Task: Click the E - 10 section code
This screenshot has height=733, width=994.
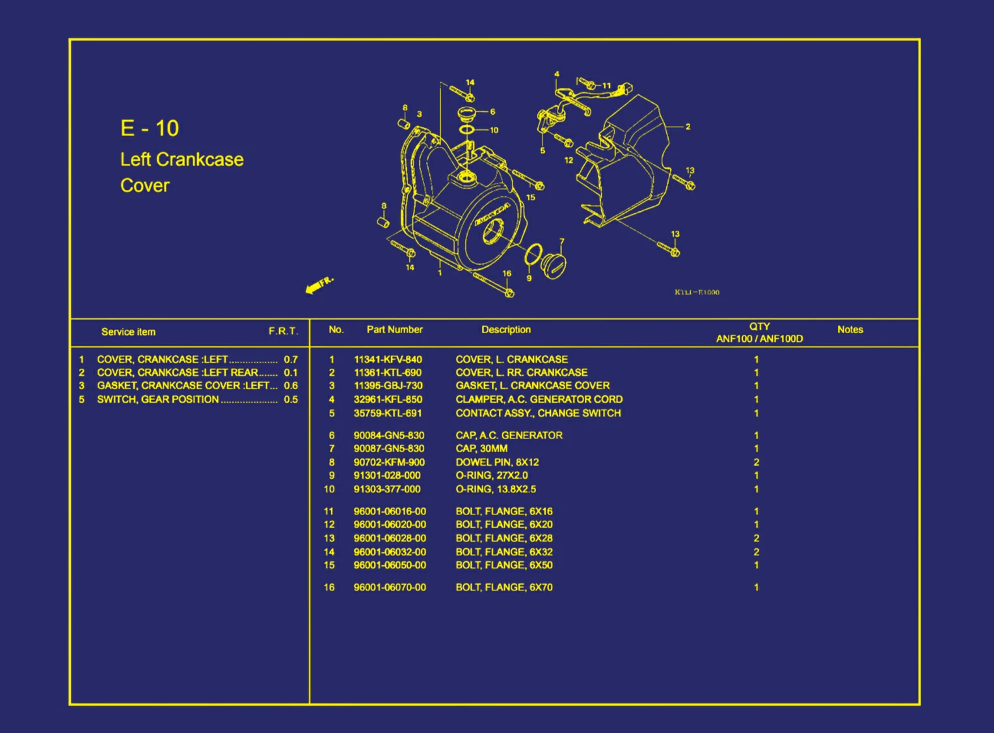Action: pos(149,128)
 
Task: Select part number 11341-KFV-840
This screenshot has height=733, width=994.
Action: pos(388,359)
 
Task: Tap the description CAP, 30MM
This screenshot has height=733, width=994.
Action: pos(481,448)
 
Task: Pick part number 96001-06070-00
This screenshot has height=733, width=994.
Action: pos(390,587)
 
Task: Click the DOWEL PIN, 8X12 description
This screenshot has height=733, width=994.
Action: pos(497,462)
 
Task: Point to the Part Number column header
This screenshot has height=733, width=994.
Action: pos(394,329)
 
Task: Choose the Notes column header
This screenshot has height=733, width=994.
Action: pos(850,329)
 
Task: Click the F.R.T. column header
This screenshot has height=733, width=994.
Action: pos(283,331)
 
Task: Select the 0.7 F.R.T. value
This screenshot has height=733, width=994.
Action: pos(290,359)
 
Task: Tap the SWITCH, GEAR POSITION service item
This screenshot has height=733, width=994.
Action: pos(157,399)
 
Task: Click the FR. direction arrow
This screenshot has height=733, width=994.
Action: pos(318,284)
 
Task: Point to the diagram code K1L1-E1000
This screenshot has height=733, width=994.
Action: pos(697,292)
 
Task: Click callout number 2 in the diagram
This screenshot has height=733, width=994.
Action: pos(688,127)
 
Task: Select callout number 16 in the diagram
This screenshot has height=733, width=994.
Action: pos(506,273)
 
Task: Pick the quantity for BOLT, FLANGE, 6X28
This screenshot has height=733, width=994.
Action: pos(756,538)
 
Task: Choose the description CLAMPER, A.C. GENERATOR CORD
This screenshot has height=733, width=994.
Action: pos(539,399)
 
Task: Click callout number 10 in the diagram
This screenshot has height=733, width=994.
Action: pos(494,130)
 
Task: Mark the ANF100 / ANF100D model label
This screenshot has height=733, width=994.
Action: pos(759,338)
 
